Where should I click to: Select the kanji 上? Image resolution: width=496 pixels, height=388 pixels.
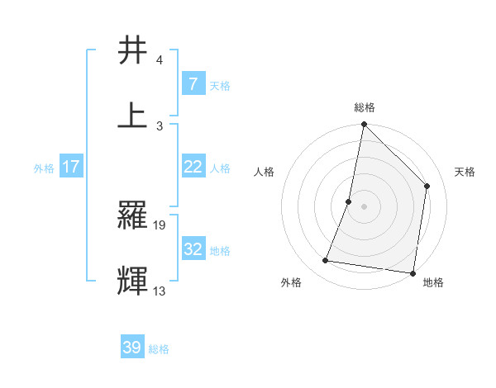tap(134, 115)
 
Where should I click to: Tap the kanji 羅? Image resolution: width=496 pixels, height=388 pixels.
tap(134, 215)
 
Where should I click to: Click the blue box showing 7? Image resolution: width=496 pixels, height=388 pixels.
tap(193, 84)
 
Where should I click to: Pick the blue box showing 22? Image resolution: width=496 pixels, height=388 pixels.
tap(193, 167)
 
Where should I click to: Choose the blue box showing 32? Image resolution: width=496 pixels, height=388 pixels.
tap(193, 249)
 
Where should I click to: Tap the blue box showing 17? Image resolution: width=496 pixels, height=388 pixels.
tap(71, 167)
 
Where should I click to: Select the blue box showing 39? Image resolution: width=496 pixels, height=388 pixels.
tap(132, 348)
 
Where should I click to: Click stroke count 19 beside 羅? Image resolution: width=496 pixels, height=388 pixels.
tap(160, 225)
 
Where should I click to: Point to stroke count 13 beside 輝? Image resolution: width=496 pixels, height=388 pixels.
tap(160, 291)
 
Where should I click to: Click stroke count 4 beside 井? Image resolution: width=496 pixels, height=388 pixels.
tap(160, 60)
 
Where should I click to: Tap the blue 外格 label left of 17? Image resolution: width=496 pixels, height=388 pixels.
tap(44, 168)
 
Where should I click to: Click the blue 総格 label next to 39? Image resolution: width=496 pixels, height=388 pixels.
tap(159, 349)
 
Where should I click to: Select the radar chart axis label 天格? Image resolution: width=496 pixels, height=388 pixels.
tap(465, 172)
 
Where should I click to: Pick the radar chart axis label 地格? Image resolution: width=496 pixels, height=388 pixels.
tap(433, 282)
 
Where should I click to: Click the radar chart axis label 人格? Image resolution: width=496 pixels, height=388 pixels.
tap(264, 172)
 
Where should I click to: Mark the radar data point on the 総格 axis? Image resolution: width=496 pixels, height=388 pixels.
tap(364, 125)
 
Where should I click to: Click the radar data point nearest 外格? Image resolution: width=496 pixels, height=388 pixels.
tap(326, 261)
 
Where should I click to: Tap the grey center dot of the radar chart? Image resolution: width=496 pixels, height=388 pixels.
tap(364, 206)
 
